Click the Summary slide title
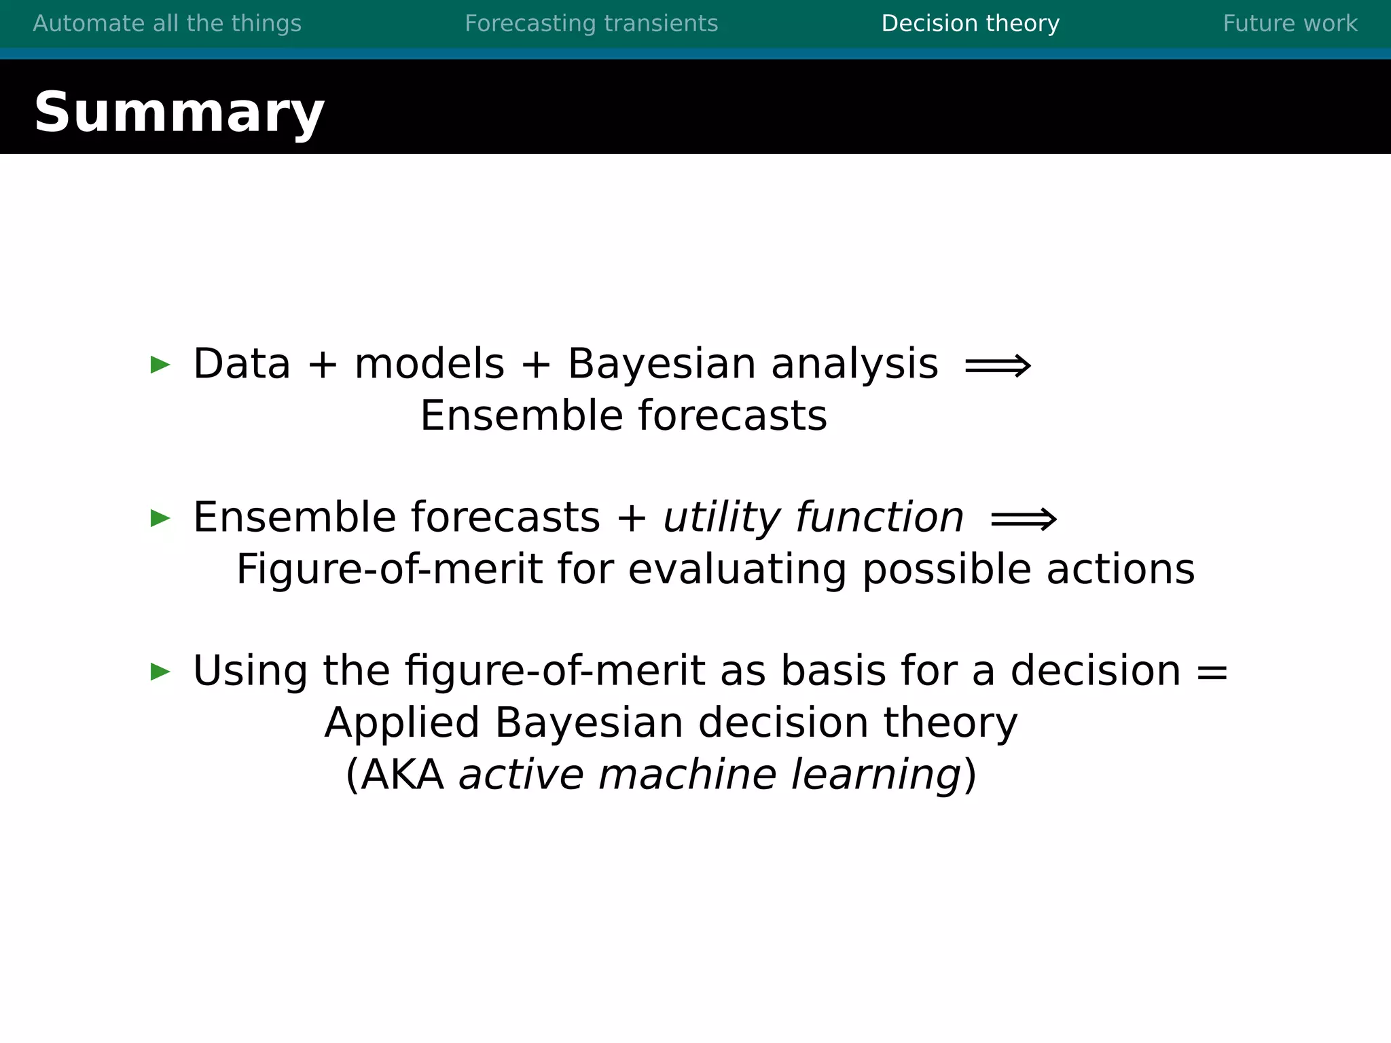tap(179, 113)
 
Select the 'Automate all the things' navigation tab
tap(167, 24)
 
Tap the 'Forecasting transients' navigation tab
tap(591, 24)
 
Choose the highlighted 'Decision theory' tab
tap(970, 24)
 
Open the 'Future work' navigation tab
tap(1290, 24)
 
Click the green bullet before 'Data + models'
tap(160, 365)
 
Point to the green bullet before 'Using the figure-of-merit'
tap(160, 672)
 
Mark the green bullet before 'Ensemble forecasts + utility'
tap(160, 518)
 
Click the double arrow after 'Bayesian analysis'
tap(998, 367)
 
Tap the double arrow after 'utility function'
tap(1024, 520)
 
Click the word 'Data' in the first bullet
tap(242, 364)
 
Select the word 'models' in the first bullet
tap(429, 364)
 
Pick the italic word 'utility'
tap(721, 518)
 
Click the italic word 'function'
tap(879, 517)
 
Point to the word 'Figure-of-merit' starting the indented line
tap(389, 569)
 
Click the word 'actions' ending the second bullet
tap(1120, 569)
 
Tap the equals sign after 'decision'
tap(1212, 672)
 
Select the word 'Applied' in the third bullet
tap(401, 722)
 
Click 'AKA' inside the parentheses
tap(402, 775)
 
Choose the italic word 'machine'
tap(687, 775)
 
